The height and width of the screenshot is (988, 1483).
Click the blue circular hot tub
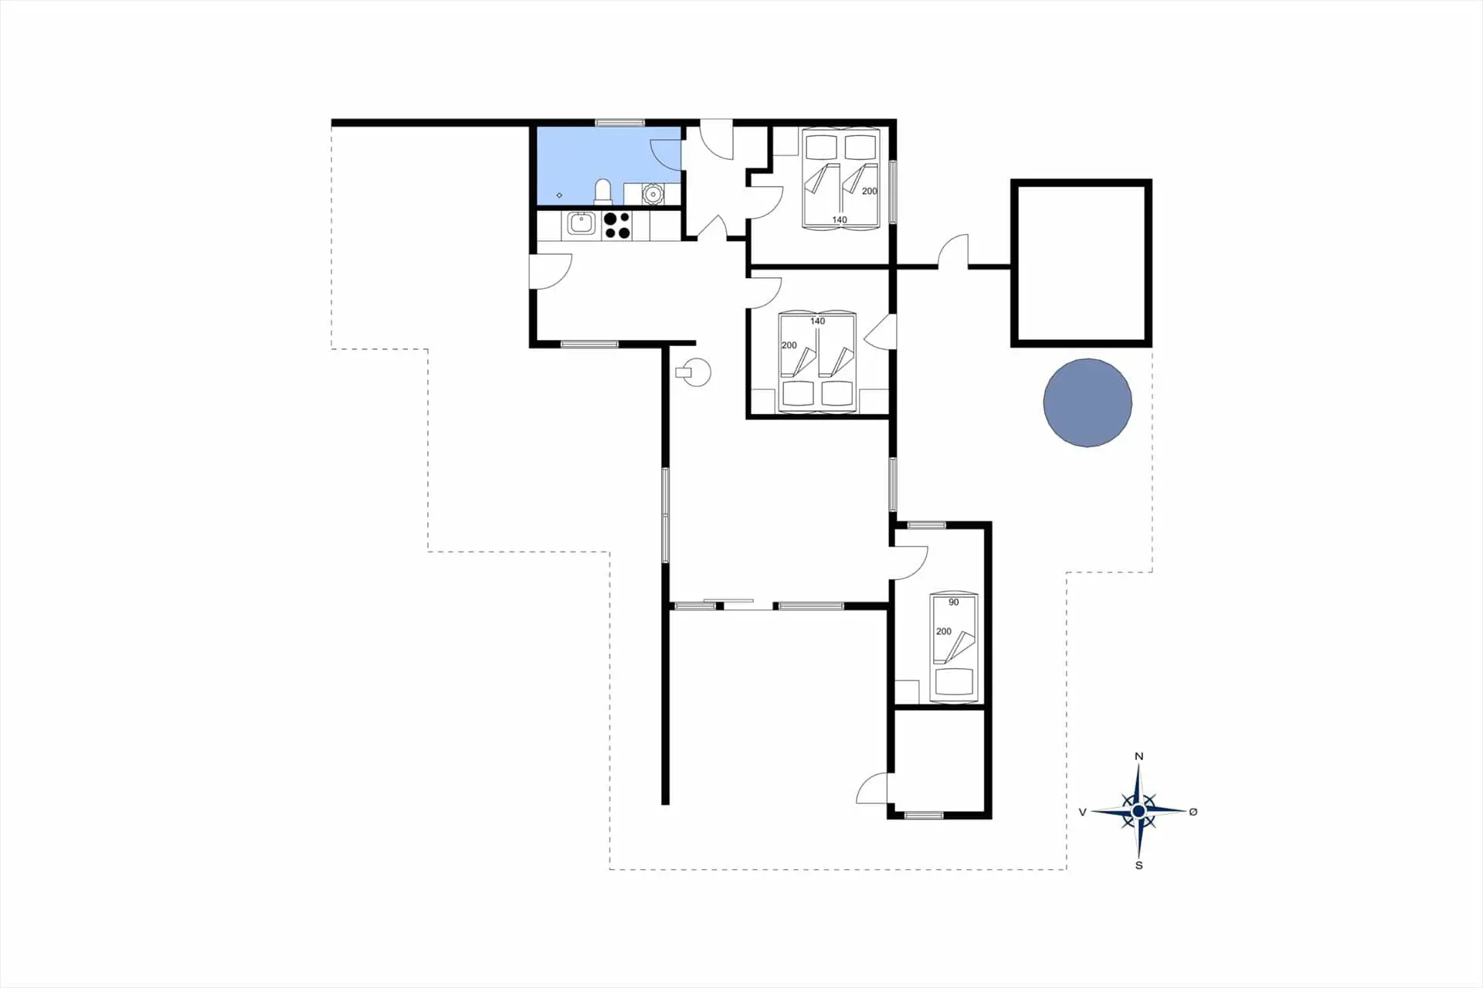[x=1088, y=402]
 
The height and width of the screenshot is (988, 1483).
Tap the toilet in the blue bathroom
[x=602, y=192]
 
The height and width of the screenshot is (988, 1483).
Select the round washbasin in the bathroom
[x=653, y=193]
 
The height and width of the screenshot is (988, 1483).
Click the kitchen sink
[x=581, y=224]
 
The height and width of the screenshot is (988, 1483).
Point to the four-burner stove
[x=617, y=225]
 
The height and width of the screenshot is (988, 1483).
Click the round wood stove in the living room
[x=694, y=372]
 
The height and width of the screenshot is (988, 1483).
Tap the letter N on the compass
[x=1139, y=756]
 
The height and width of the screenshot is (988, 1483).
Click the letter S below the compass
[x=1139, y=865]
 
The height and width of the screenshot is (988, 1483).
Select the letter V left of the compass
[x=1082, y=812]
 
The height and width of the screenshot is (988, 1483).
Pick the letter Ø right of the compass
[x=1193, y=811]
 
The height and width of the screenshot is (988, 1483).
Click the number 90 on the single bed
[x=954, y=603]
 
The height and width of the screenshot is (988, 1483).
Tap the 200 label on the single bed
[x=944, y=631]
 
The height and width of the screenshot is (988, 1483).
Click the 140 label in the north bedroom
[x=840, y=220]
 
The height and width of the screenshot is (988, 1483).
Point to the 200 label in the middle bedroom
[x=789, y=345]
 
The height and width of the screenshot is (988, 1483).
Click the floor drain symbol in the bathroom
[x=559, y=195]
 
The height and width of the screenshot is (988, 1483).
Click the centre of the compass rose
[x=1139, y=811]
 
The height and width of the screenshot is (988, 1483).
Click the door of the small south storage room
[x=873, y=788]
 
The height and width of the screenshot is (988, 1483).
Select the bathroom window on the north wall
[x=620, y=123]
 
